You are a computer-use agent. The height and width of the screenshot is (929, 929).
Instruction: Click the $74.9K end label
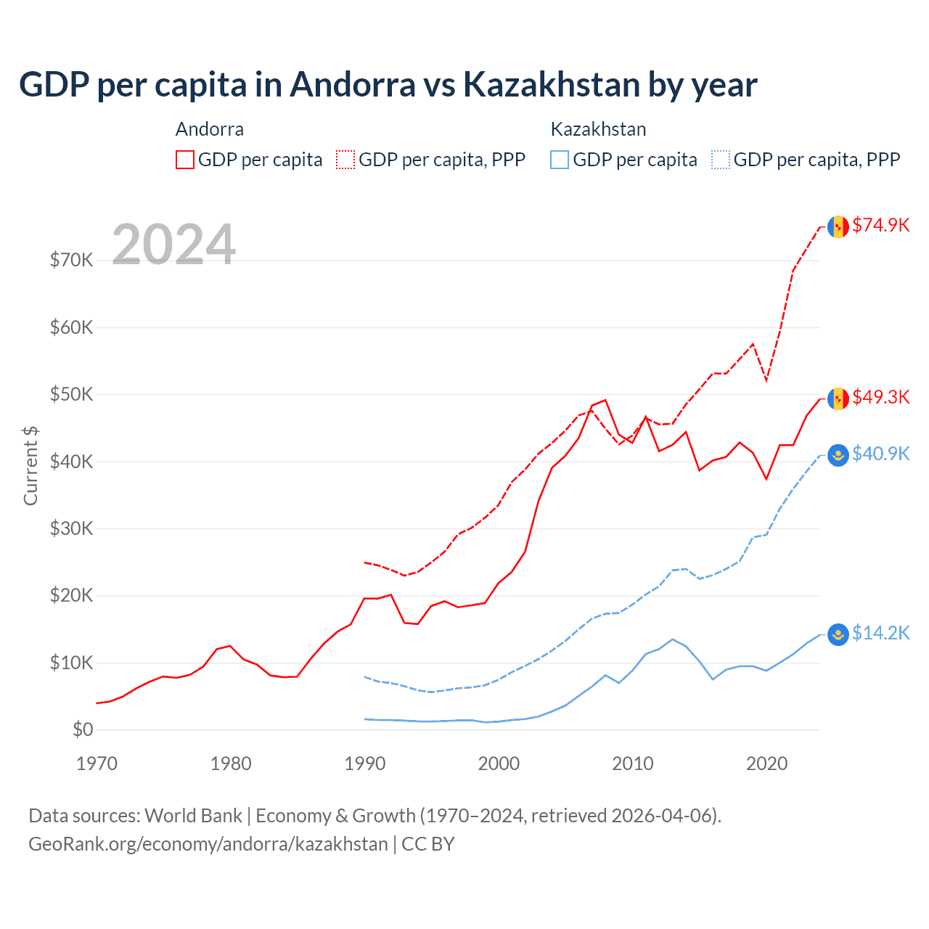[880, 226]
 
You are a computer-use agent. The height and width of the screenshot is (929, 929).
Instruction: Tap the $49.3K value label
[880, 398]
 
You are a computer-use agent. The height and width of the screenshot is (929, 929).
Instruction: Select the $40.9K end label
[880, 454]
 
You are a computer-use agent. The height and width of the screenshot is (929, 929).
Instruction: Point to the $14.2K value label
[880, 634]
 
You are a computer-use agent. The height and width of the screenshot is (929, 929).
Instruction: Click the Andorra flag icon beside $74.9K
[838, 226]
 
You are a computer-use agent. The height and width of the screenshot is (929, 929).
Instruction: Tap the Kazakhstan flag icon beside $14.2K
[838, 634]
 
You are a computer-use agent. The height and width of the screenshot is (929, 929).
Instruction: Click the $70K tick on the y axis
[71, 261]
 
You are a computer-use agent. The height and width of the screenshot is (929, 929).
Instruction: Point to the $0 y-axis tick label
[83, 730]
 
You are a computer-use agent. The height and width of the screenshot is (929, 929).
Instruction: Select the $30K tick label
[71, 529]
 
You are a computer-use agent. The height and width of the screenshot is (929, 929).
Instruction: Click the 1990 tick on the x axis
[364, 764]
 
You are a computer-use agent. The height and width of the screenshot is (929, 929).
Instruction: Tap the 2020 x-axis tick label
[766, 764]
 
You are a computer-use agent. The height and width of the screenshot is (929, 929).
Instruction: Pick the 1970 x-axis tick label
[97, 764]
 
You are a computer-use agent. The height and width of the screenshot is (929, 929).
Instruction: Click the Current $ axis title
[30, 465]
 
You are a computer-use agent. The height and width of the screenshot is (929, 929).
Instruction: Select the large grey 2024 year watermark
[173, 245]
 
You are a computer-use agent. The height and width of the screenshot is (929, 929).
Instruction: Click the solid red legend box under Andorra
[185, 160]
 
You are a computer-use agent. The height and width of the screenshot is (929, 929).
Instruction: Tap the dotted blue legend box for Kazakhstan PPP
[721, 160]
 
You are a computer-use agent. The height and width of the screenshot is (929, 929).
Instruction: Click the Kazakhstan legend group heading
[598, 129]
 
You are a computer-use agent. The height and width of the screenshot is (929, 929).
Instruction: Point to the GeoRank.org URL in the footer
[208, 844]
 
